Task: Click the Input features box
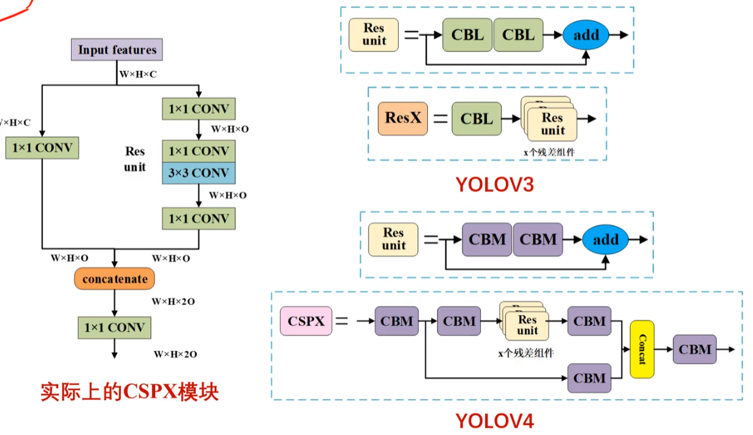pos(117,49)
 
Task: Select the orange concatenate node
pos(115,278)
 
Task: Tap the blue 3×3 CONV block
pos(199,172)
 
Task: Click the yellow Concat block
pos(642,349)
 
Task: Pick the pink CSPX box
pos(306,321)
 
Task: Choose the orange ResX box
pos(402,118)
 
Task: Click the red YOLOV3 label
pos(495,185)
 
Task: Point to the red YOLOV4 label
pos(495,421)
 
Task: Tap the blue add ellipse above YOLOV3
pos(586,35)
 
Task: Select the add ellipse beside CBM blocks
pos(606,240)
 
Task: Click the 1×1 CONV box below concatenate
pos(114,328)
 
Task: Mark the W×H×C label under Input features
pos(138,74)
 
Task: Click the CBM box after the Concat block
pos(695,349)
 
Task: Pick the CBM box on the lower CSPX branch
pos(589,378)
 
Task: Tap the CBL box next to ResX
pos(476,119)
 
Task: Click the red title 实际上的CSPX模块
pos(129,392)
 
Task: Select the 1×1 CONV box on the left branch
pos(42,147)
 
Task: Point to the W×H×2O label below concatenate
pos(173,301)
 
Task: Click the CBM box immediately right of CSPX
pos(397,321)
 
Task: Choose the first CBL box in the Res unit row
pos(467,35)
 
